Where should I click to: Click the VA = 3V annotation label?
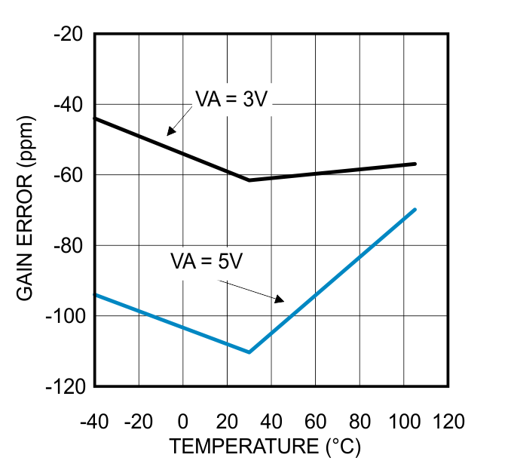(x=231, y=99)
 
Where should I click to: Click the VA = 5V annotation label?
(x=206, y=262)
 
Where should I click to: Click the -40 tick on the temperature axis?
(x=94, y=421)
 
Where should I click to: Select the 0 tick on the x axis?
(x=183, y=421)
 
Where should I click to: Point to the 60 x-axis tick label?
(x=316, y=421)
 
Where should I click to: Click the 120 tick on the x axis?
(x=449, y=421)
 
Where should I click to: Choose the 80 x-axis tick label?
(x=360, y=421)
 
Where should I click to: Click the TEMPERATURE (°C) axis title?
(x=265, y=447)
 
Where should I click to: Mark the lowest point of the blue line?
(x=249, y=352)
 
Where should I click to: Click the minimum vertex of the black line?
(x=249, y=180)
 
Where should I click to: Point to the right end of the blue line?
(x=415, y=209)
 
